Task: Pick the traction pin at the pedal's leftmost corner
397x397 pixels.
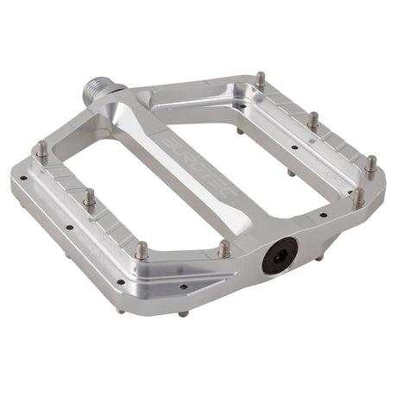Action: (x=41, y=152)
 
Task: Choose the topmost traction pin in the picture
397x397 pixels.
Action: (x=260, y=80)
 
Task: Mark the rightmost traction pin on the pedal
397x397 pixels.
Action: (x=370, y=164)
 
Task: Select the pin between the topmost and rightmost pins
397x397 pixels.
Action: (x=313, y=122)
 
